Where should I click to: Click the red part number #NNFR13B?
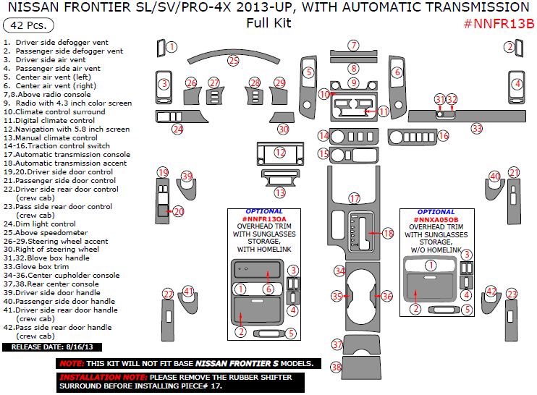click(499, 22)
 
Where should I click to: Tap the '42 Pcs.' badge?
click(24, 25)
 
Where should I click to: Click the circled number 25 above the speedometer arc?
click(233, 61)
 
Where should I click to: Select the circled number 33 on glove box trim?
click(476, 129)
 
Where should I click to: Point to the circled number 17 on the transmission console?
click(355, 198)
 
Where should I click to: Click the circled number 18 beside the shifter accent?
click(388, 234)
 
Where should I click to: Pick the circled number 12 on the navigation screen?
click(280, 153)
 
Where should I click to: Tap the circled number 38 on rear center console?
click(337, 368)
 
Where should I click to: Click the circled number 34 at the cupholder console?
click(339, 270)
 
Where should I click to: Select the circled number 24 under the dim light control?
click(177, 129)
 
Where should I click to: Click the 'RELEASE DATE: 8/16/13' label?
click(47, 347)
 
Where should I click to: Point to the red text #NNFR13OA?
click(264, 219)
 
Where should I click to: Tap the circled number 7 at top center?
click(353, 46)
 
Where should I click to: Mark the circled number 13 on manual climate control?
click(280, 192)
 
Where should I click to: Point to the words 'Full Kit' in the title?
click(268, 22)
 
